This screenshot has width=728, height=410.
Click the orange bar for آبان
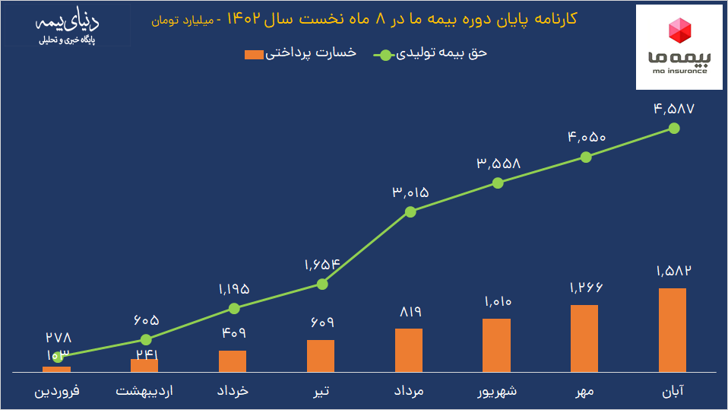[x=673, y=329]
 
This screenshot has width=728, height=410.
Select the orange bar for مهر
[x=584, y=338]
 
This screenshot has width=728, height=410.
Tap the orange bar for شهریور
[x=496, y=345]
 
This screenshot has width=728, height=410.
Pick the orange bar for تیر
[x=321, y=355]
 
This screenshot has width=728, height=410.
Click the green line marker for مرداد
[x=410, y=211]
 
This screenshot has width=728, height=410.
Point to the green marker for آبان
[x=673, y=128]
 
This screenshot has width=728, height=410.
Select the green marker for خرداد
[x=234, y=308]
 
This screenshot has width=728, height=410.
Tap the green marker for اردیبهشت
[x=147, y=339]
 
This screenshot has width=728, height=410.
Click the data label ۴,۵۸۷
[x=673, y=108]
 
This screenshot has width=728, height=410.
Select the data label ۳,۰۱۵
[x=410, y=192]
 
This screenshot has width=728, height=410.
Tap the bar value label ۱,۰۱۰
[x=497, y=302]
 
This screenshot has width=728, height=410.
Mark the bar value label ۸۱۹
[x=409, y=312]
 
